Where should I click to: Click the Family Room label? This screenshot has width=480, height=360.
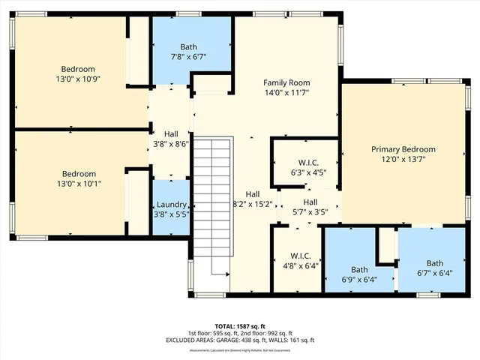pyautogui.click(x=286, y=82)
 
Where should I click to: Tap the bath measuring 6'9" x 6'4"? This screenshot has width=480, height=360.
pyautogui.click(x=359, y=275)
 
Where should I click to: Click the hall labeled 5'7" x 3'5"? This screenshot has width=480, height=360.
pyautogui.click(x=310, y=206)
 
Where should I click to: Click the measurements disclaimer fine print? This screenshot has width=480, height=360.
pyautogui.click(x=240, y=350)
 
